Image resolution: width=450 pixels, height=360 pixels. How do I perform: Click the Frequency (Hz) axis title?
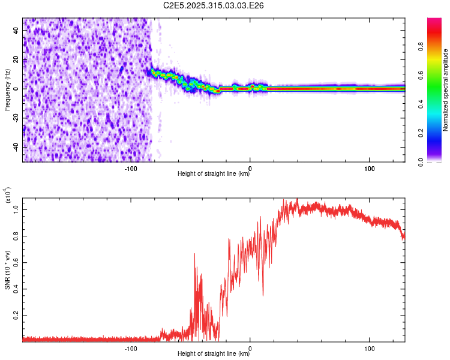[7, 89]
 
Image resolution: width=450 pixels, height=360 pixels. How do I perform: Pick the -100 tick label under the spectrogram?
[131, 167]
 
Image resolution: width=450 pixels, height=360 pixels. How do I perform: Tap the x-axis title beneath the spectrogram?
[214, 174]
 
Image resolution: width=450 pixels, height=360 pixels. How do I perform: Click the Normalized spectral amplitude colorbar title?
[446, 90]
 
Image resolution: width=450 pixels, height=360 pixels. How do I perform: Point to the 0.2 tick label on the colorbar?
[422, 133]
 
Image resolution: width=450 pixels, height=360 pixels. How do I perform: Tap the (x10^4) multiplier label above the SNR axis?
[8, 196]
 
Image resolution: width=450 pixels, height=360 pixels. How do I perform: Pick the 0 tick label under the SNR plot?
[250, 347]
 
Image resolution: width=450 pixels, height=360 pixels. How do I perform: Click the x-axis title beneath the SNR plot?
[214, 354]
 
